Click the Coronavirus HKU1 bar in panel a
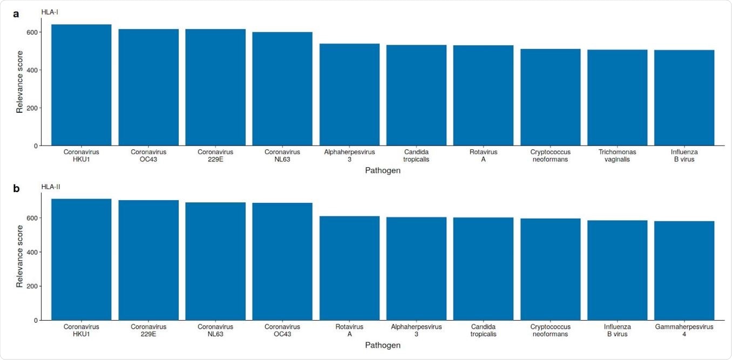[x=82, y=85]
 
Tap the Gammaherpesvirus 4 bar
[x=684, y=270]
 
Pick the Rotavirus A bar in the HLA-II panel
[x=349, y=268]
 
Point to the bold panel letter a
[x=16, y=14]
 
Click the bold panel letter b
[x=16, y=188]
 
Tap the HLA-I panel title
[x=50, y=12]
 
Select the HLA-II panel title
[x=51, y=187]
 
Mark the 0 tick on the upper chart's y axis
[x=35, y=146]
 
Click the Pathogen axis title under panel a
[x=382, y=171]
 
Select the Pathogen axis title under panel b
[x=382, y=345]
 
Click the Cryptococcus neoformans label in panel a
[x=550, y=155]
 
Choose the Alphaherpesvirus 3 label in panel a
[x=349, y=155]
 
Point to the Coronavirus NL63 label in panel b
[x=215, y=330]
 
